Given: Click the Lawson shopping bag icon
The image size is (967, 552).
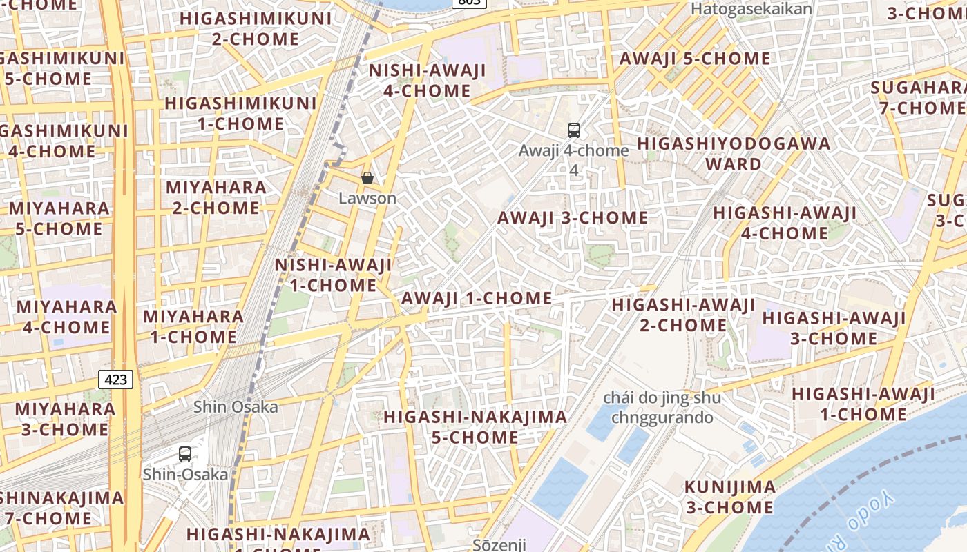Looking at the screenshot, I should pos(367,178).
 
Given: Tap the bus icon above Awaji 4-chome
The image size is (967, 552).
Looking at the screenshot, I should pos(573,130).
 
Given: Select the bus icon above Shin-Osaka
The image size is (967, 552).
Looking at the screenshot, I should pos(184,453).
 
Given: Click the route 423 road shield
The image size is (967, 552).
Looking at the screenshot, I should pos(116,379).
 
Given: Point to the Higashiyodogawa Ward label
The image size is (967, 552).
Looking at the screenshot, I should pos(734,154).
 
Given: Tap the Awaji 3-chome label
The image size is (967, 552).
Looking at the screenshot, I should pos(573,218).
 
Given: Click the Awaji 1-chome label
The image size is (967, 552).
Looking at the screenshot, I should pos(477,299).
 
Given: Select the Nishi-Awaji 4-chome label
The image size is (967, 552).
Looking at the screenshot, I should pos(428,81).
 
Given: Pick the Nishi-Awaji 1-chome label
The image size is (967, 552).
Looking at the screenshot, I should pos(334,275).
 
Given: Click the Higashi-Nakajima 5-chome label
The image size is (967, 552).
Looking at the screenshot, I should pos(475,427).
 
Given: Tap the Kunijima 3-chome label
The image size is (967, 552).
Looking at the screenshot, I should pos(729,497).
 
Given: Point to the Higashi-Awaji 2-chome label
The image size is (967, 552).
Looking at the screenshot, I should pos(683,315).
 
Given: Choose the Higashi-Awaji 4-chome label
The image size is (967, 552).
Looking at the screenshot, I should pos(785,223).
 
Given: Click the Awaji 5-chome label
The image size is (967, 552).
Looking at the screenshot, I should pos(695,59).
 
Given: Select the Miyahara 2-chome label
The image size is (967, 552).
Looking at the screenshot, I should pos(216,197).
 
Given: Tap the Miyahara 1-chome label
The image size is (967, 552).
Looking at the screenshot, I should pos(193,327).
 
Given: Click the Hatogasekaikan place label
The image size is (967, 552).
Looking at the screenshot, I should pos(751,9).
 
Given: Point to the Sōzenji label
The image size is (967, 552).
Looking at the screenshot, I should pos(499,544).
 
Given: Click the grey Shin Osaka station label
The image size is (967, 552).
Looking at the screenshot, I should pos(236,407).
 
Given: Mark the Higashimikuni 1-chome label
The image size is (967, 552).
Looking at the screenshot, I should pos(240,114).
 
